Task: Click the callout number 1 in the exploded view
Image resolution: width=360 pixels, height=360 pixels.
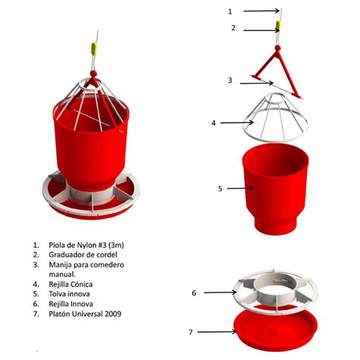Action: click(x=230, y=11)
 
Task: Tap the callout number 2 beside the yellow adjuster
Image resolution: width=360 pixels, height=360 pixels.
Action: click(x=233, y=28)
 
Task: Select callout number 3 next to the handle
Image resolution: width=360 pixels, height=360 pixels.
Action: click(x=230, y=81)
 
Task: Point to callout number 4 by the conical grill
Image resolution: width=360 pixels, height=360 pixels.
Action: click(x=213, y=123)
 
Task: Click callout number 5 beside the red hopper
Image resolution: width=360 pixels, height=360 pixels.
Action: click(x=220, y=188)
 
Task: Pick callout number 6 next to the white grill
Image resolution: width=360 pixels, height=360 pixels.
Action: click(x=194, y=293)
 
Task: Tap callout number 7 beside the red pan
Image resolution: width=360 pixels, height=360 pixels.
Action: click(x=191, y=332)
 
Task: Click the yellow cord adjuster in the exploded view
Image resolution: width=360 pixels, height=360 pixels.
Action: click(x=278, y=26)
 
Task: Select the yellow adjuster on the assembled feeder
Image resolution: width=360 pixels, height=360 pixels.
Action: click(x=94, y=49)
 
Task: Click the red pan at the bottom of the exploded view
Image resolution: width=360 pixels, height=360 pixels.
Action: click(x=276, y=327)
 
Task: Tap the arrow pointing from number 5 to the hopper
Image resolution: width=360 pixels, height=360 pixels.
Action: click(x=240, y=188)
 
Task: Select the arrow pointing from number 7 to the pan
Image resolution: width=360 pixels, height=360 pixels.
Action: click(x=216, y=332)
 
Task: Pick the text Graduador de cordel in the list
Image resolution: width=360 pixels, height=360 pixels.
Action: click(x=83, y=254)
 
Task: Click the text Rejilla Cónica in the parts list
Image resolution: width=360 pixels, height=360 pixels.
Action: click(x=71, y=284)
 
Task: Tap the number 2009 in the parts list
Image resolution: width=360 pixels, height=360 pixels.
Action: click(x=113, y=314)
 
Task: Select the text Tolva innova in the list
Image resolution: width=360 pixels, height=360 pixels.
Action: click(x=69, y=294)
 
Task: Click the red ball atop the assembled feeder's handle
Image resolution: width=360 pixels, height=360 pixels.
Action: click(x=93, y=74)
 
